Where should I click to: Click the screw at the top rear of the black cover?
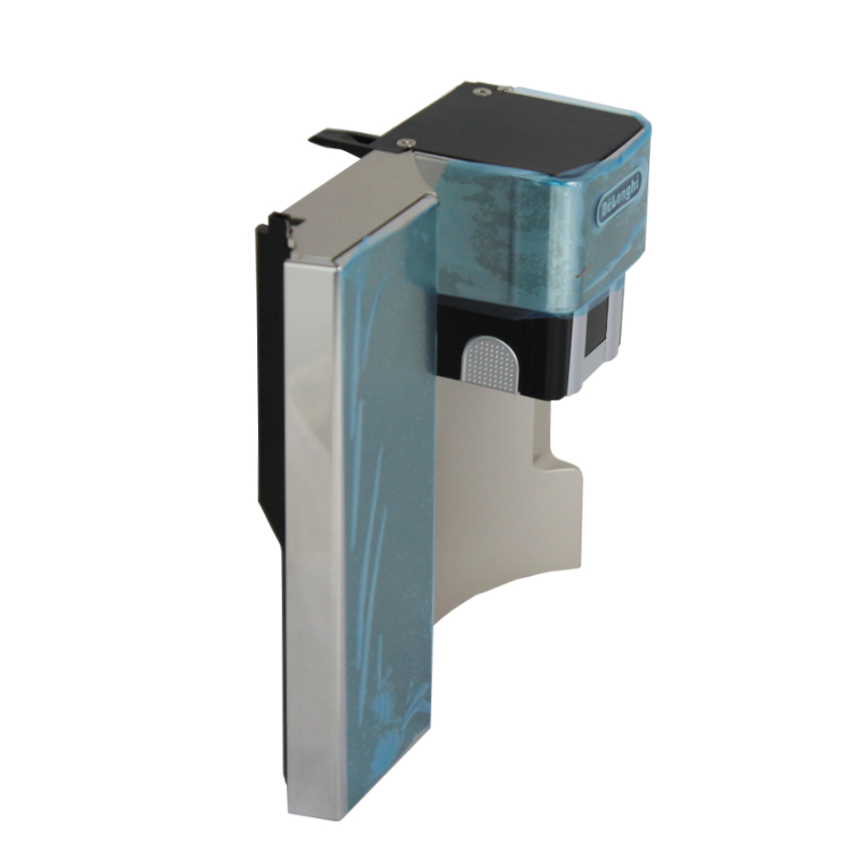(x=480, y=91)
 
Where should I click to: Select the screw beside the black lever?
(x=403, y=142)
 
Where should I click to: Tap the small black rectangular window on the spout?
(x=597, y=327)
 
